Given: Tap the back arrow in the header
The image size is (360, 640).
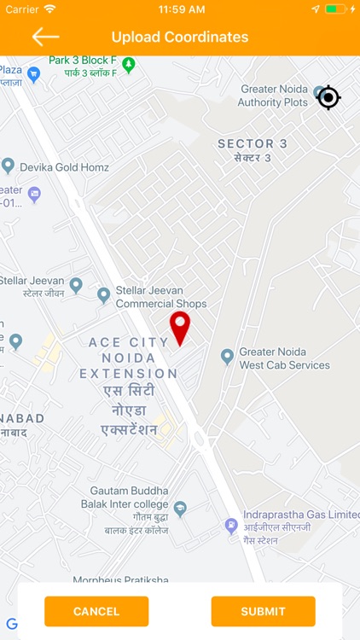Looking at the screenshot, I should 45,37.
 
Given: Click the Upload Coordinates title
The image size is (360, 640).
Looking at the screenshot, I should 180,38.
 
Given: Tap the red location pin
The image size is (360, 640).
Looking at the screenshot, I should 179,327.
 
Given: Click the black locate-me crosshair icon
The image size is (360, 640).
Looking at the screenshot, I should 328,97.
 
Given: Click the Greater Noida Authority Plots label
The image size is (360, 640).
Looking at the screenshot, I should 272,96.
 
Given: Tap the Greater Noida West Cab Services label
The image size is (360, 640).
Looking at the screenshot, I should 284,358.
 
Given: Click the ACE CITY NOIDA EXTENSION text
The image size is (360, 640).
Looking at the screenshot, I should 129,358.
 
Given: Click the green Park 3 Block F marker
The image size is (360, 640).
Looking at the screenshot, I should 129,64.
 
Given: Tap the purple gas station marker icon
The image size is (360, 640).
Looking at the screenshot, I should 231,526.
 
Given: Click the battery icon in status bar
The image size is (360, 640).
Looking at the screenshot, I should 336,9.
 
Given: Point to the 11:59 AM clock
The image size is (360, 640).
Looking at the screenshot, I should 180,9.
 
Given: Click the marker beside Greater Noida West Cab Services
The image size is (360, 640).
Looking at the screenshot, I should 227,356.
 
